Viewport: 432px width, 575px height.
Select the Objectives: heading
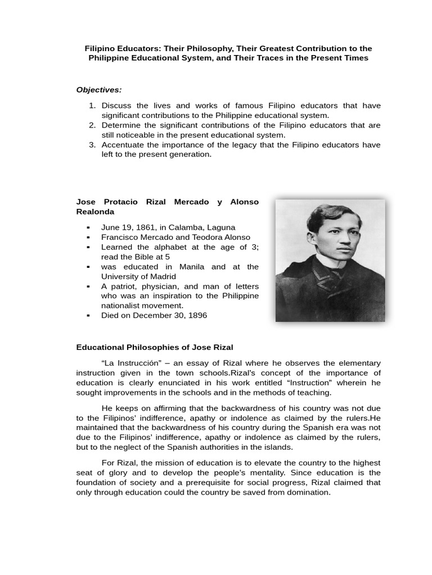[99, 90]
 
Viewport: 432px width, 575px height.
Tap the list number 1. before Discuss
[93, 106]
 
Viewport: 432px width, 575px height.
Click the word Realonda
[95, 212]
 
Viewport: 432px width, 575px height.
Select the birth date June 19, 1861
[127, 227]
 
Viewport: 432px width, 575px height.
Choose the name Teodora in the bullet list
[195, 238]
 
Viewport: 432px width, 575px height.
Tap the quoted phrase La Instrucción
[130, 363]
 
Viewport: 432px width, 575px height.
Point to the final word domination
[309, 492]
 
